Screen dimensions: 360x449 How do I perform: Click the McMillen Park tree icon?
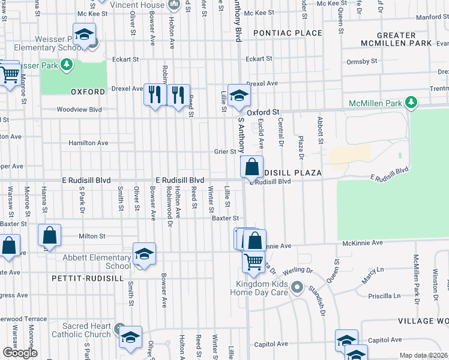coord(411,103)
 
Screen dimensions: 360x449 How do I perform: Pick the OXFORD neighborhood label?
coord(88,92)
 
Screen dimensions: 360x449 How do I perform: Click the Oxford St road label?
coord(265,112)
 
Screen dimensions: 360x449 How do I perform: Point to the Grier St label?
coord(225,152)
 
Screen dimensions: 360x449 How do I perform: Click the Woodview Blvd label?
coord(79,110)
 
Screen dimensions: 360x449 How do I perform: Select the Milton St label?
coord(92,236)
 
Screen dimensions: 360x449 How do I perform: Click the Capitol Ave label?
coord(268,344)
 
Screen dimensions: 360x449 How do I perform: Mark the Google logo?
coord(20,353)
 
